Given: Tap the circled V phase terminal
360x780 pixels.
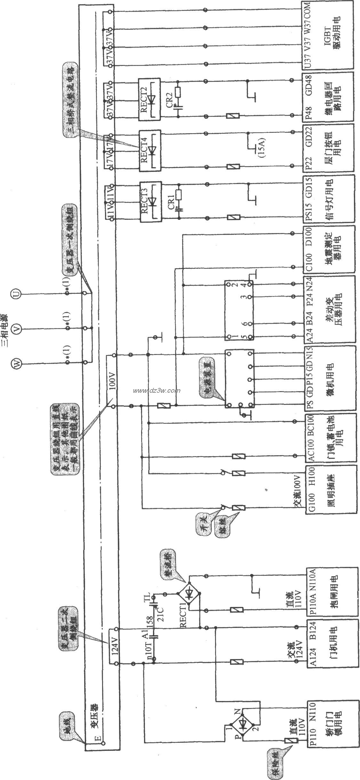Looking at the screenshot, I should pos(17,328).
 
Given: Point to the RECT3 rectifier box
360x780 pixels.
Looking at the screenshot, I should pos(150,202).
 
